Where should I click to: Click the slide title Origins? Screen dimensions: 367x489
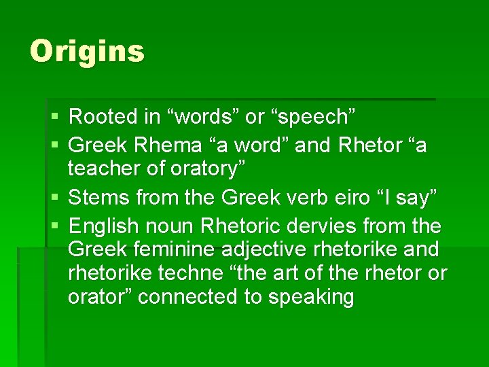tap(87, 52)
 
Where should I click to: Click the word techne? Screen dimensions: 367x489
tap(186, 273)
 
